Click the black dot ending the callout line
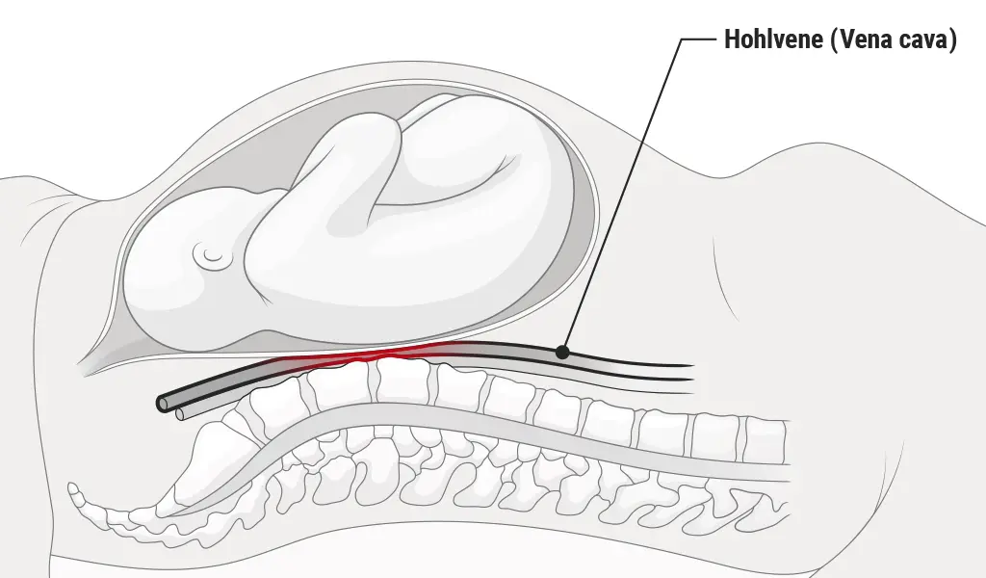coord(562,353)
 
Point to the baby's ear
coord(210,255)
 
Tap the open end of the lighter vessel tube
coord(179,415)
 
